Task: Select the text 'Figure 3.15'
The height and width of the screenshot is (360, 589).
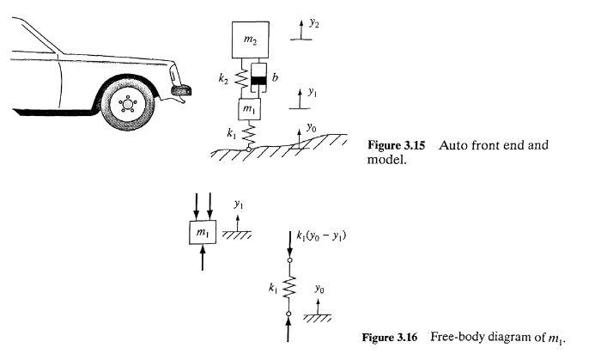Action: point(392,145)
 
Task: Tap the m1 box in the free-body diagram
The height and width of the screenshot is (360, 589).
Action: point(202,233)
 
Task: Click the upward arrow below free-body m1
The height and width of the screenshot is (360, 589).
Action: point(202,258)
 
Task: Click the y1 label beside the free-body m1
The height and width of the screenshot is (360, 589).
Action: point(239,206)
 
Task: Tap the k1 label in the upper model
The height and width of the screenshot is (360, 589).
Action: point(230,134)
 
